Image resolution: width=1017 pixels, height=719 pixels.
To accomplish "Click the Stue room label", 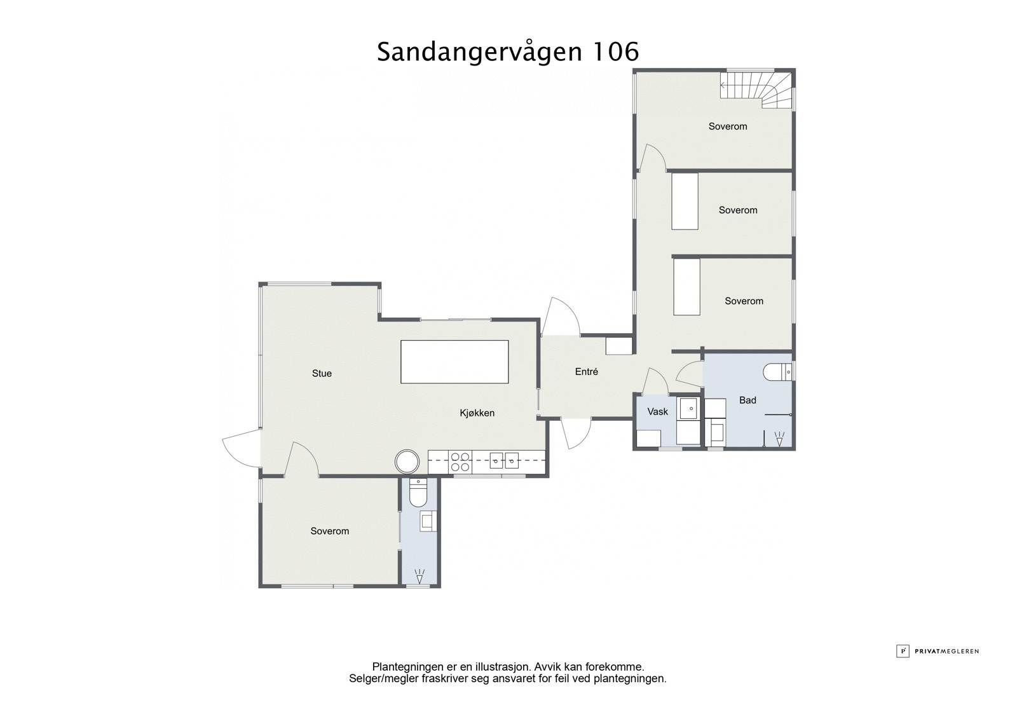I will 322,373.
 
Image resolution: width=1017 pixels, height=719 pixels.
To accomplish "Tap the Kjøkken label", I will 477,413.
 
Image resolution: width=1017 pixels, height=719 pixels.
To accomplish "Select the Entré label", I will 586,372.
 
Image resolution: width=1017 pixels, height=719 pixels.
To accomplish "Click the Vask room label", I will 657,412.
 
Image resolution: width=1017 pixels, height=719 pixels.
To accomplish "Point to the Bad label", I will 747,401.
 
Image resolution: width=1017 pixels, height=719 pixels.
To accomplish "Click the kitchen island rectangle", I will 454,362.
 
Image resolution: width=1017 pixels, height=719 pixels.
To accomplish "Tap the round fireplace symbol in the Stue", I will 407,461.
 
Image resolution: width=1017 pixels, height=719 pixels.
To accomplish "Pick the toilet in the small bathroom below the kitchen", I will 418,493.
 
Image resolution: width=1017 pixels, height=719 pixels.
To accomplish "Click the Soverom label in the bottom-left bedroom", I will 329,531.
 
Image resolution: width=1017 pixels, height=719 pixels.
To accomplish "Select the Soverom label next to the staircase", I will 728,127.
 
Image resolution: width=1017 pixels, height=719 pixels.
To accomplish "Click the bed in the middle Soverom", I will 685,202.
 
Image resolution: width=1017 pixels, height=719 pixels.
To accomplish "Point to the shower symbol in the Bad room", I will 779,437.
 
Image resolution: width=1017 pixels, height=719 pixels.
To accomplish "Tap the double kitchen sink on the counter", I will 504,460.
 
